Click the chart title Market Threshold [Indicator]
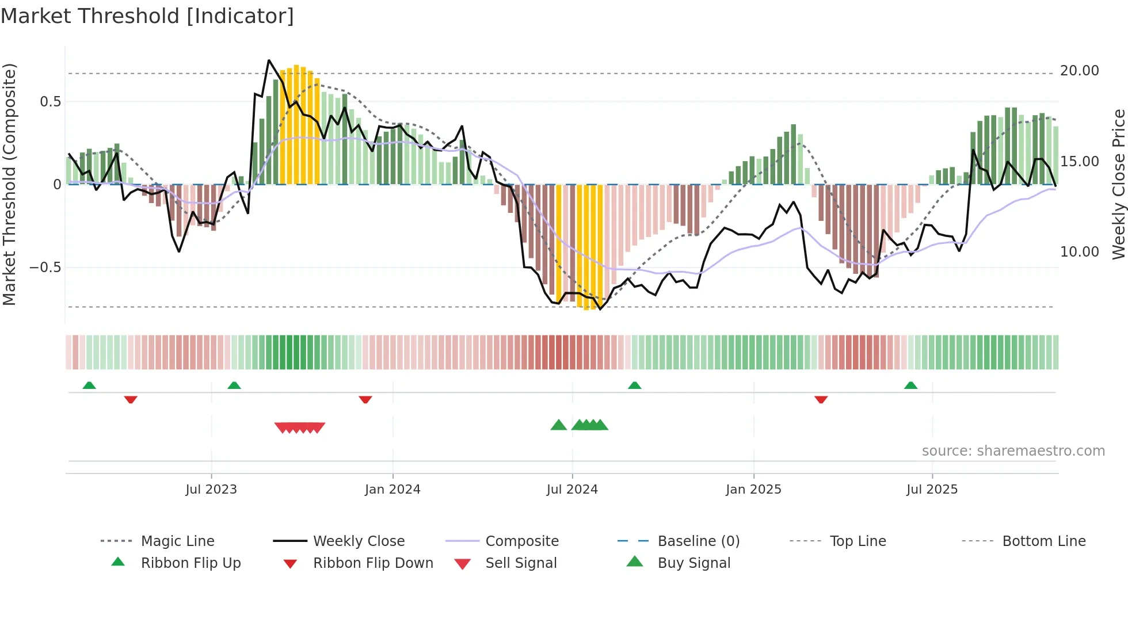[x=147, y=16]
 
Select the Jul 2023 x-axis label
[x=211, y=490]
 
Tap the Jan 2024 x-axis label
[x=392, y=490]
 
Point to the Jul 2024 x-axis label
[x=572, y=490]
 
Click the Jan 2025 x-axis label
[x=753, y=490]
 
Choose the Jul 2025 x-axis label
[x=932, y=490]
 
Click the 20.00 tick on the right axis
[x=1079, y=71]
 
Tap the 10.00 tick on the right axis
[x=1079, y=252]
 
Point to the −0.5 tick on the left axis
[x=45, y=268]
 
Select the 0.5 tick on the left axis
[x=50, y=102]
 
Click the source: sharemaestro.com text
[x=1013, y=451]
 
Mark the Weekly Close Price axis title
[x=1118, y=184]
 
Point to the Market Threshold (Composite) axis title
[x=9, y=184]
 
